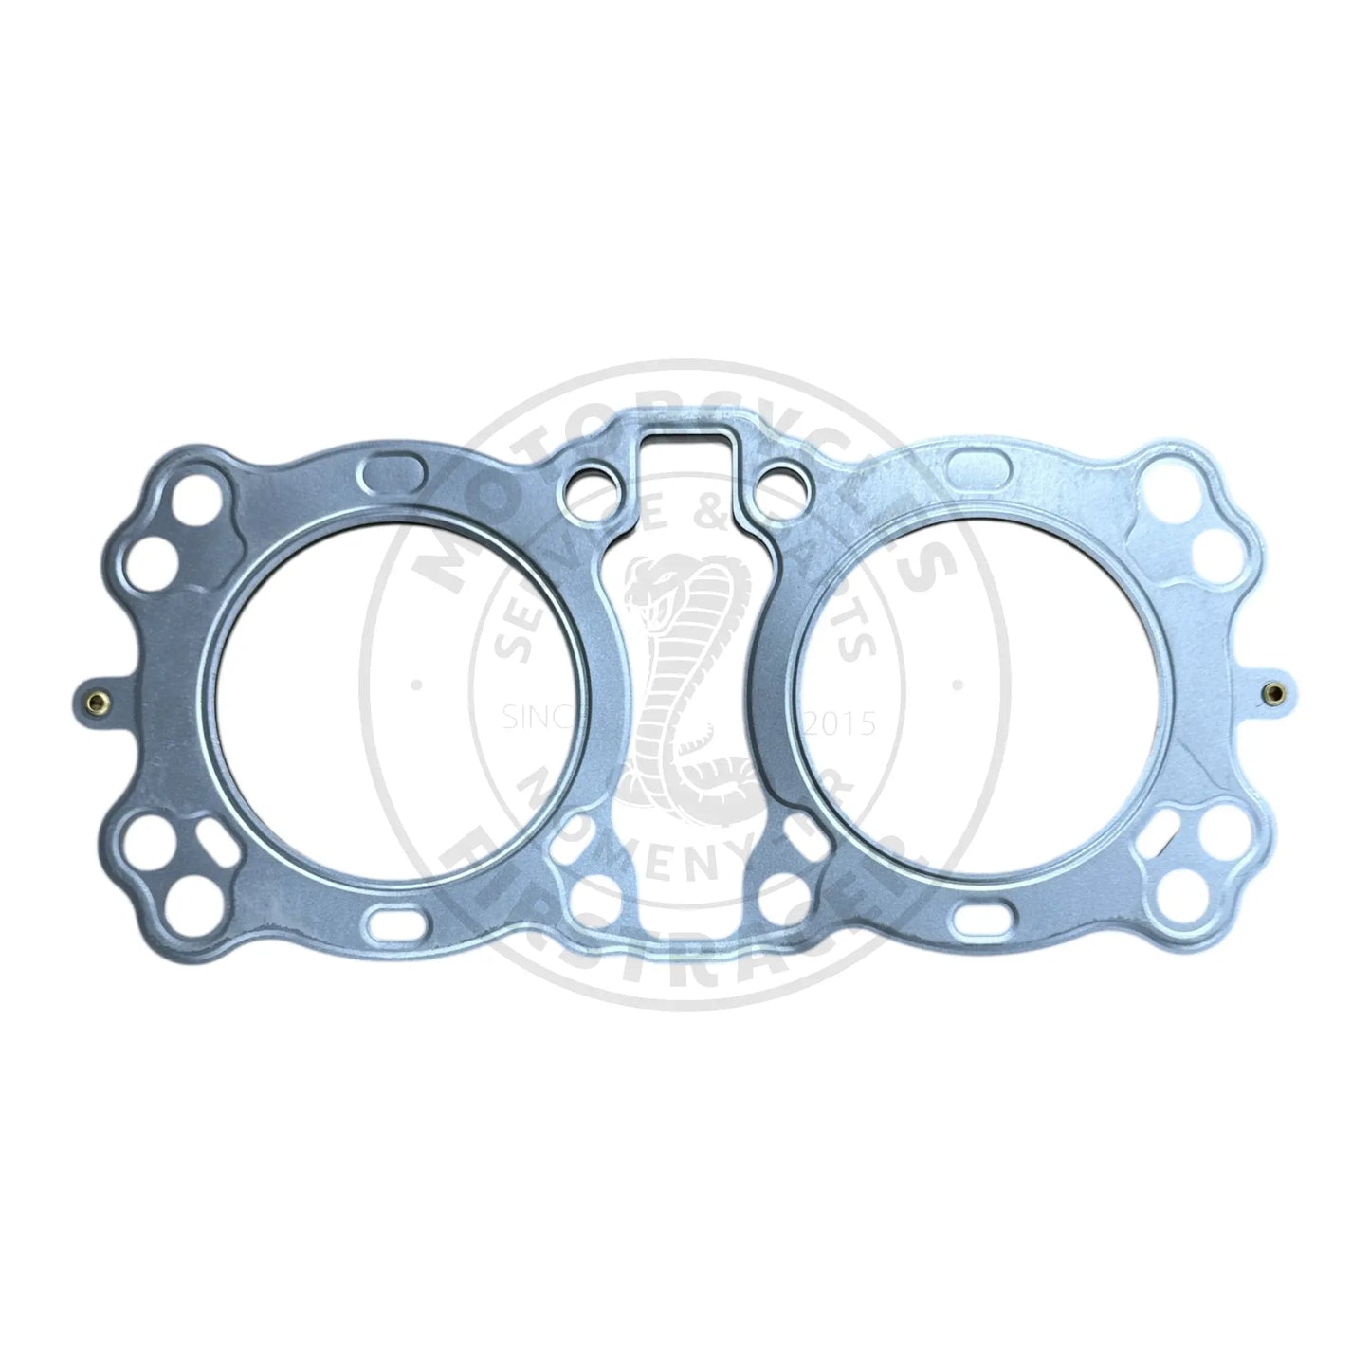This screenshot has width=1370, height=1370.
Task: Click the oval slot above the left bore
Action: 387,471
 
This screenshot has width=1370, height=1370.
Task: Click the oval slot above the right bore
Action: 976,466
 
